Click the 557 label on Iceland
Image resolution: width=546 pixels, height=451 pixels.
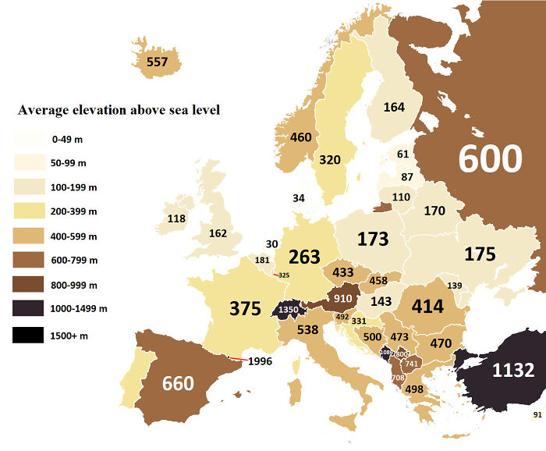(157, 62)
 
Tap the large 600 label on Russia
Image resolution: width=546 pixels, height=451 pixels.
(489, 158)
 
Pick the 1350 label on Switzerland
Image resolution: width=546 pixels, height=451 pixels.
(288, 311)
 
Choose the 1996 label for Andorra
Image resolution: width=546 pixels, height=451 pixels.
(261, 361)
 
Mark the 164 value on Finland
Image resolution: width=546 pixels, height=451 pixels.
(394, 107)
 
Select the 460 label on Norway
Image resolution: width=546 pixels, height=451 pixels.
(300, 137)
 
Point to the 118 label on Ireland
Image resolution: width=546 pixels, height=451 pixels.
(176, 218)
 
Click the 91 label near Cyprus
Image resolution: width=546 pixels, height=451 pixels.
(537, 414)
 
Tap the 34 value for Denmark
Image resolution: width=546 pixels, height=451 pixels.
(299, 198)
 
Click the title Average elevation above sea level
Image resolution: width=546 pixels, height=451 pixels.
(119, 110)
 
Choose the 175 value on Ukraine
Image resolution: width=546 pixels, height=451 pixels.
(480, 254)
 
